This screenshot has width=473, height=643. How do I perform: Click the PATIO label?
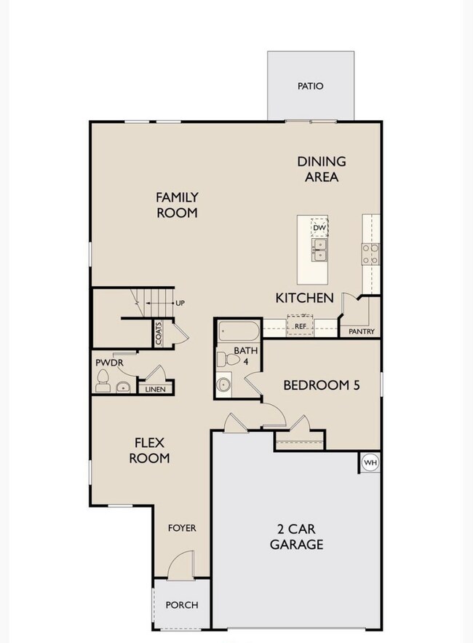pos(310,86)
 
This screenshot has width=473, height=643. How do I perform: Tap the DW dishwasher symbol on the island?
pos(319,228)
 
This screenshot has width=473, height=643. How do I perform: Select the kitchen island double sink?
pos(319,251)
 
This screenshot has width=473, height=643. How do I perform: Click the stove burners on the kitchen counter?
pos(370,253)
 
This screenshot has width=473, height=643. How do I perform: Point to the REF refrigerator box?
pos(299,326)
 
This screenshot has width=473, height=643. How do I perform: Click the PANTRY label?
pos(361,332)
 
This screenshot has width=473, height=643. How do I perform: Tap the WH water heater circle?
pos(370,462)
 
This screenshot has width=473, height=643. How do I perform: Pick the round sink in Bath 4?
pos(224,384)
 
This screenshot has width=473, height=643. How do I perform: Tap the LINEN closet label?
pos(155,390)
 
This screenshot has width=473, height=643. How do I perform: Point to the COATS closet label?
pos(158,334)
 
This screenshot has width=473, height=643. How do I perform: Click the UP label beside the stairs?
pos(179,302)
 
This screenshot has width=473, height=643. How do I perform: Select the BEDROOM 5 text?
pos(322,385)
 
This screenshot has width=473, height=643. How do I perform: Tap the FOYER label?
pos(182,528)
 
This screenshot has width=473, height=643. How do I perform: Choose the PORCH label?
pos(181,605)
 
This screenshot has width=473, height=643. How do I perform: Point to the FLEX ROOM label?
pos(150,451)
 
